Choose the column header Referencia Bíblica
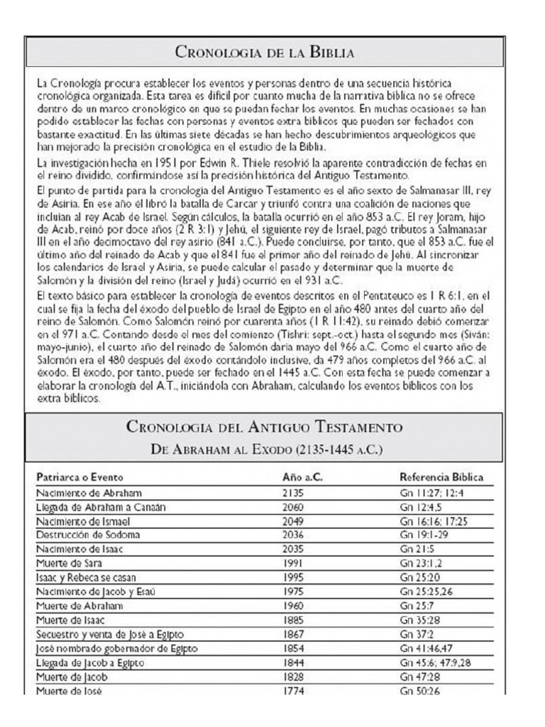point(441,478)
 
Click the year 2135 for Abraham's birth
point(292,492)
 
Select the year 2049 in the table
point(292,520)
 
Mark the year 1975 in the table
point(292,591)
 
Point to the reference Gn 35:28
point(419,620)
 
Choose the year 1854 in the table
point(292,648)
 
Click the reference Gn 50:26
point(419,691)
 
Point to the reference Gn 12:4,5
point(419,506)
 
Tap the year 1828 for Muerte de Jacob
point(292,677)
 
